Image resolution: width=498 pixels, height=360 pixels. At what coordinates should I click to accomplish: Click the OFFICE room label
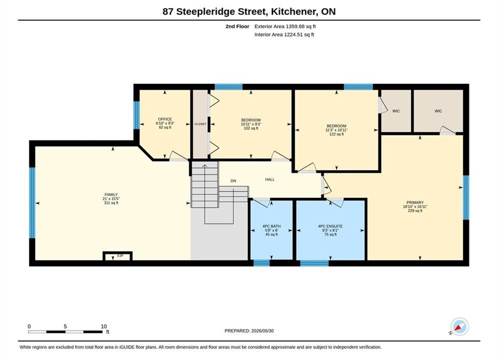(x=165, y=119)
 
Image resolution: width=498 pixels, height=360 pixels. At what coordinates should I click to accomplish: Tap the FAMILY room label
(x=111, y=194)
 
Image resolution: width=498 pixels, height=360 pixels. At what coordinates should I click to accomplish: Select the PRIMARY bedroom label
(x=415, y=202)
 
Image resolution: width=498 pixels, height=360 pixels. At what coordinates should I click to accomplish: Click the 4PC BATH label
(x=272, y=226)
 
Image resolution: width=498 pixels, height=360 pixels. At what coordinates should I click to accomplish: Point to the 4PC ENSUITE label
(x=330, y=226)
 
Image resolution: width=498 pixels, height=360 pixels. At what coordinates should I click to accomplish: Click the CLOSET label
(x=200, y=124)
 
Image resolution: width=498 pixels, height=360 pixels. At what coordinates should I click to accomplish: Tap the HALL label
(x=270, y=179)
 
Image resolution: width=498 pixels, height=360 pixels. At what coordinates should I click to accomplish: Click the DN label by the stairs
(x=233, y=181)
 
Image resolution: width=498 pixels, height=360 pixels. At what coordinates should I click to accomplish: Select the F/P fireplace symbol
(x=118, y=256)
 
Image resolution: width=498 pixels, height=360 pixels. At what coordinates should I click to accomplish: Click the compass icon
(x=459, y=326)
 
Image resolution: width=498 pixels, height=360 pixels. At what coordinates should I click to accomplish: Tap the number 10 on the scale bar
(x=104, y=326)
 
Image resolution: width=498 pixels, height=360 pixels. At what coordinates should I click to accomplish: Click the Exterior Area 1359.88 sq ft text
(x=285, y=26)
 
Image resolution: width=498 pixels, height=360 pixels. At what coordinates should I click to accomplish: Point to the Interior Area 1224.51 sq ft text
(x=284, y=34)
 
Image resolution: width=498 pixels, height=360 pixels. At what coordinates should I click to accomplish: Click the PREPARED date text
(x=249, y=331)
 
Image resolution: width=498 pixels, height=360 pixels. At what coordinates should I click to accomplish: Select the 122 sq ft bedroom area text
(x=336, y=134)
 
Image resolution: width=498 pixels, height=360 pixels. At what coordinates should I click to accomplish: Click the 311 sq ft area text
(x=111, y=203)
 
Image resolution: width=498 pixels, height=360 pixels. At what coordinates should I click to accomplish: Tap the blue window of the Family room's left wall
(x=32, y=202)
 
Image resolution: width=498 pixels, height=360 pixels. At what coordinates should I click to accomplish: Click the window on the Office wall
(x=137, y=115)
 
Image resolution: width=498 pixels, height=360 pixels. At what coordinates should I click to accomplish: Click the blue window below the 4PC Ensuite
(x=314, y=263)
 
